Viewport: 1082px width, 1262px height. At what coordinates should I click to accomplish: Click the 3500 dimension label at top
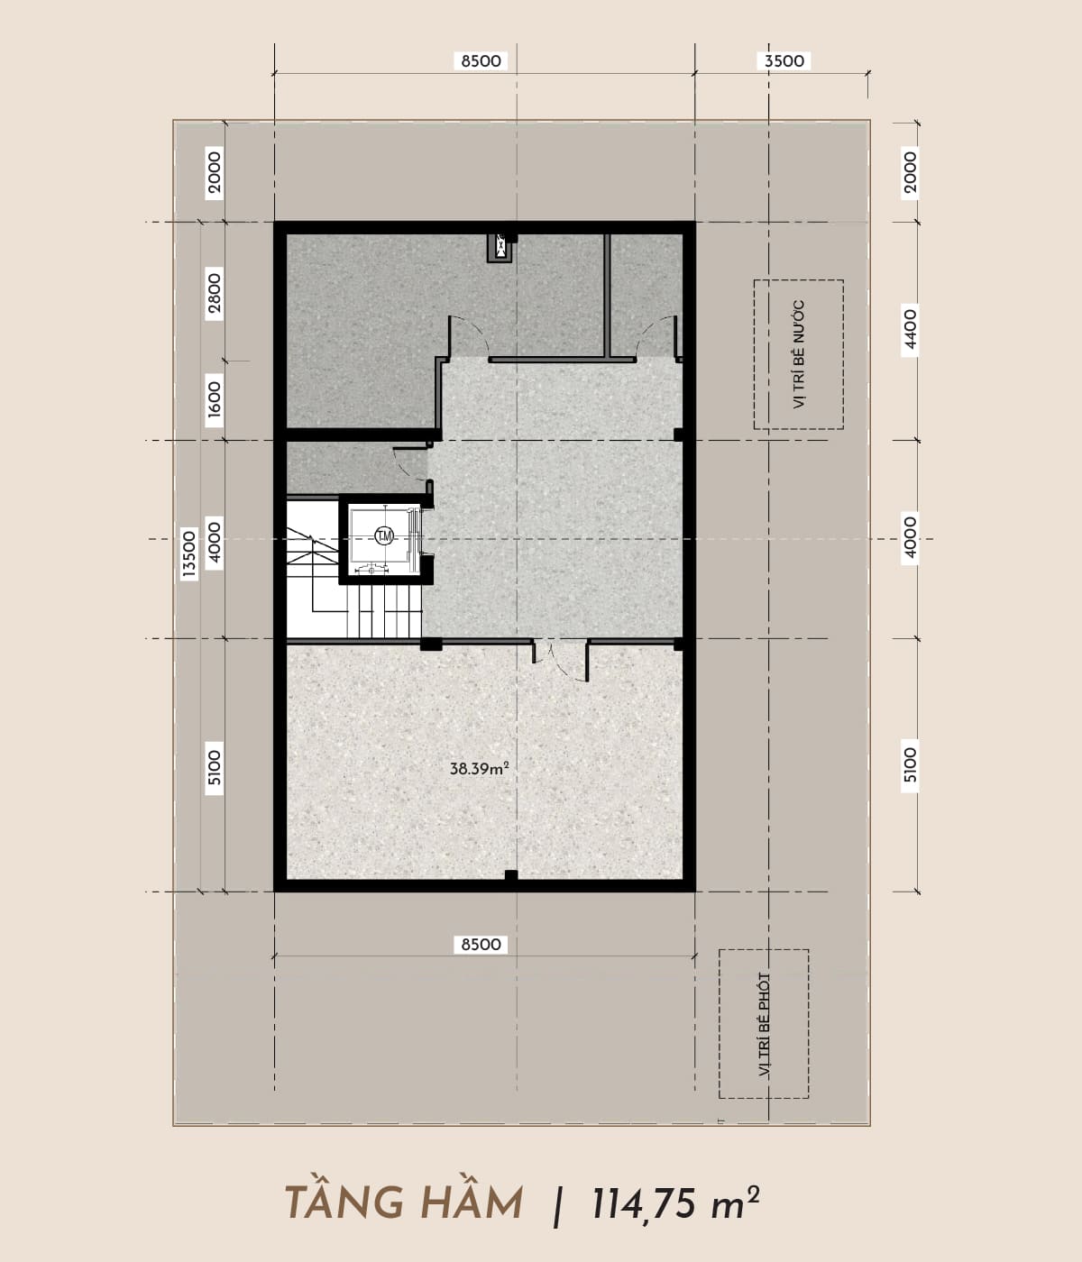click(784, 61)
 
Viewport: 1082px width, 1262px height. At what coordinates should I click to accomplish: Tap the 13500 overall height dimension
click(189, 553)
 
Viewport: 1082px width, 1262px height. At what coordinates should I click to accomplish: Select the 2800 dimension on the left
click(215, 294)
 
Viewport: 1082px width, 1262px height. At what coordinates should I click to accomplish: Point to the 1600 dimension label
click(215, 400)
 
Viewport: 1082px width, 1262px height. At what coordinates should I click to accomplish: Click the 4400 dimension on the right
click(910, 330)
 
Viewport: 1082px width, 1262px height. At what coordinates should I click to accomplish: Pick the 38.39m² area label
click(480, 769)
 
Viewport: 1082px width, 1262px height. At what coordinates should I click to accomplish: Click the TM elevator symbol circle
click(384, 536)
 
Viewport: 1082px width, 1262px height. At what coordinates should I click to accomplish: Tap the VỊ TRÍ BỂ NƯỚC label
click(799, 354)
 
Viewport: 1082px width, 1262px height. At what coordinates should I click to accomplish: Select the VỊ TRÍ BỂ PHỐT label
click(764, 1025)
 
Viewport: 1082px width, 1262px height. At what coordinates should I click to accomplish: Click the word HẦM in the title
click(466, 1203)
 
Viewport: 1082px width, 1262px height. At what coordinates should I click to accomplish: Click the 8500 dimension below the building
click(481, 945)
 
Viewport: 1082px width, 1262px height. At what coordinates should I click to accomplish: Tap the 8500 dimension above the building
click(481, 61)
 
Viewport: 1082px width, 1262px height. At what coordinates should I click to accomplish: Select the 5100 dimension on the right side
click(910, 764)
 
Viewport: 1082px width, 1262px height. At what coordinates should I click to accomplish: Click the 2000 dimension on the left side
click(215, 173)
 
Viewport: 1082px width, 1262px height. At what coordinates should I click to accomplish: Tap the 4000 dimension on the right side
click(910, 537)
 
